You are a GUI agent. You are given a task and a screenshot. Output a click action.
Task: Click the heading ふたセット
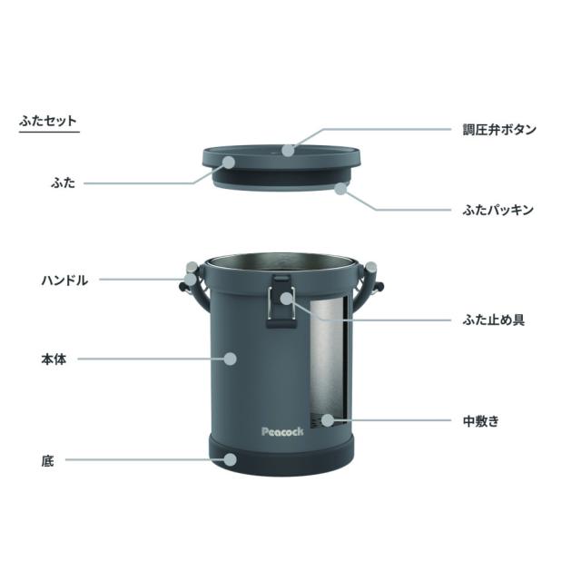pos(48,120)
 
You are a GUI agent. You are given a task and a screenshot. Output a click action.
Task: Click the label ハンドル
pos(64,281)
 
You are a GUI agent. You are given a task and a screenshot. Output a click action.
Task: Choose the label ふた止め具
pos(494,320)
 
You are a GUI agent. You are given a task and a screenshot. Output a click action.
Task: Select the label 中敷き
pos(480,421)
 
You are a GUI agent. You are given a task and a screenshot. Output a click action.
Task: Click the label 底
pos(47,461)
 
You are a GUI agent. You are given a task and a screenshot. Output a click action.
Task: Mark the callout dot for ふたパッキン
pos(342,188)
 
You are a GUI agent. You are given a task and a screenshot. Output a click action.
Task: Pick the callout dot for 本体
pos(231,359)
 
